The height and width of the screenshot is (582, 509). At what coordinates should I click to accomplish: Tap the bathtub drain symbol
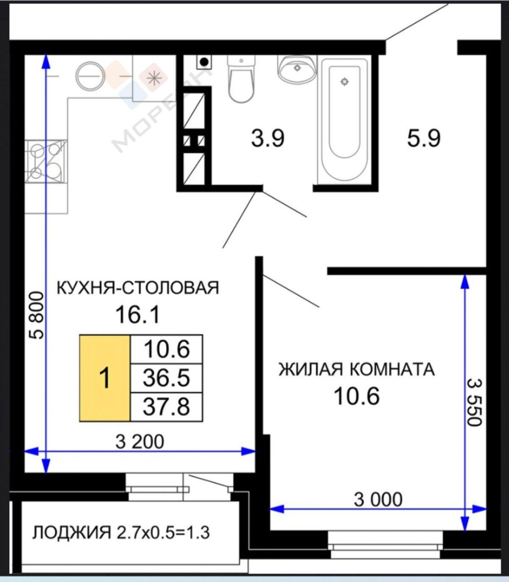point(345,82)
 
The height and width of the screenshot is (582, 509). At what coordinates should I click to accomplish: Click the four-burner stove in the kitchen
point(46,162)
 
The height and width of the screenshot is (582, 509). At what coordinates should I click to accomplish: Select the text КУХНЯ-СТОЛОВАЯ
point(137,288)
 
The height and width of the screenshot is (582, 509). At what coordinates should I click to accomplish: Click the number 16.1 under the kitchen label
point(137,315)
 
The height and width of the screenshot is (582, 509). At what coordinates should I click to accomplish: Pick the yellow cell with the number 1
point(104,378)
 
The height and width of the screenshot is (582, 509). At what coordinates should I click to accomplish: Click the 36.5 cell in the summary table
point(166,378)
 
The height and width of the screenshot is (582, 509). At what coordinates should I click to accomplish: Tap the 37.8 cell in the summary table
point(166,407)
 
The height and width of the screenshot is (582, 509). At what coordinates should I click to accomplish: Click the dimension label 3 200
point(140,442)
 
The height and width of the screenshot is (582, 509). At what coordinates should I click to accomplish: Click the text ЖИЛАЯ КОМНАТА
point(357,370)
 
